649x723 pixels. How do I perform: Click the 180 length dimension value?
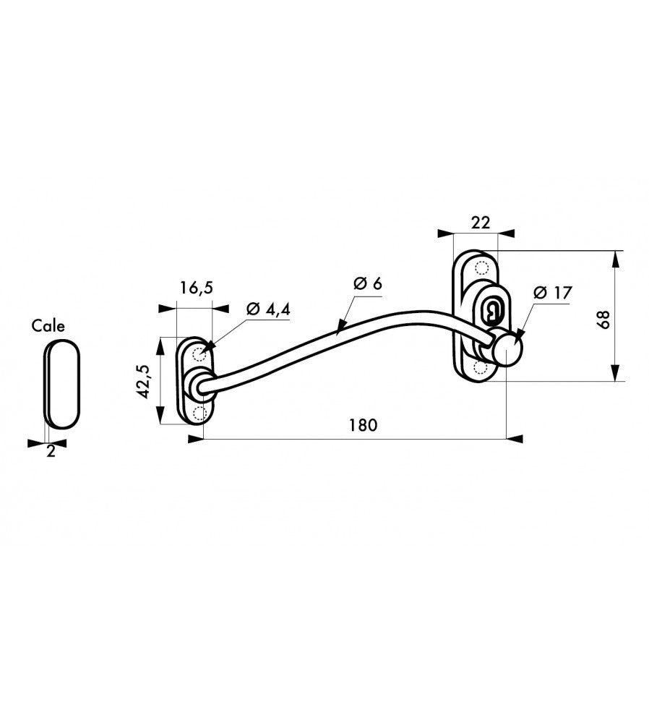coord(363,425)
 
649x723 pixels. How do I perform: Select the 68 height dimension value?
coord(603,319)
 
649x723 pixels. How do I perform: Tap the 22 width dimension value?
coord(481,223)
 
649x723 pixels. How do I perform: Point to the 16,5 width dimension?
coord(197,288)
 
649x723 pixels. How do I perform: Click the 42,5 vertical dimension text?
coord(143,381)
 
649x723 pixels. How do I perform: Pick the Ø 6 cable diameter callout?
coord(368,283)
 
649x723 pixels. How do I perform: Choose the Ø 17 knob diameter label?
coord(553,292)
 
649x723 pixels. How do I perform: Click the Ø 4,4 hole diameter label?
coord(268,309)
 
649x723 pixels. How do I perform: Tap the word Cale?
coord(48,326)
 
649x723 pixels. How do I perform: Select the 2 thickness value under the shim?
coord(51,451)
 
